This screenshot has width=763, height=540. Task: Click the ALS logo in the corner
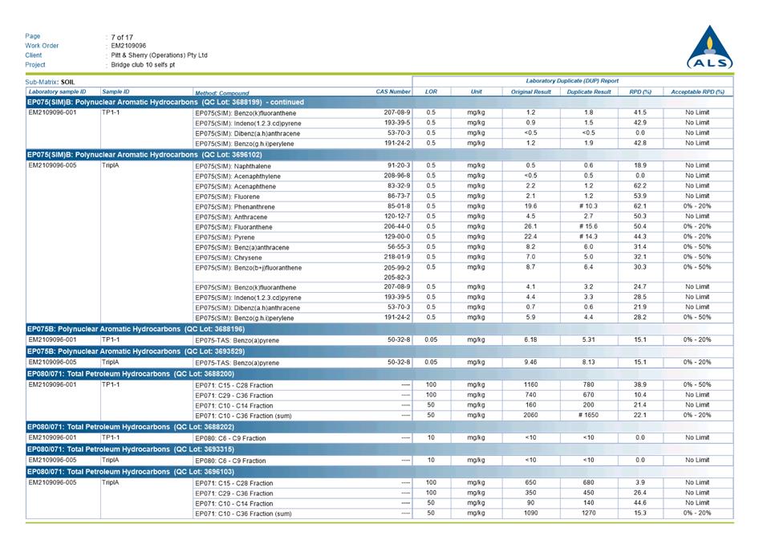point(709,47)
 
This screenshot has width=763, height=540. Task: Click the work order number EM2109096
point(128,46)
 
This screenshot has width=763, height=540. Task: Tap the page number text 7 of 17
point(123,36)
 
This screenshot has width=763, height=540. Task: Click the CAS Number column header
point(393,92)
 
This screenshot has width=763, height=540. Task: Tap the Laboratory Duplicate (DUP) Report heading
point(572,81)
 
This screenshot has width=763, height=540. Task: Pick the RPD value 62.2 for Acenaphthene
point(639,186)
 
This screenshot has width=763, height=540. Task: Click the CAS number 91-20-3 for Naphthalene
point(398,165)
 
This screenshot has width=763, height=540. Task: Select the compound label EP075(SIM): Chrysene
point(229,258)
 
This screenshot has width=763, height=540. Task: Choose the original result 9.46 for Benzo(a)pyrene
point(530,362)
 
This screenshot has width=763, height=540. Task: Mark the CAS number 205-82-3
point(398,277)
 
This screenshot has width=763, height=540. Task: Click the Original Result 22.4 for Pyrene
point(530,237)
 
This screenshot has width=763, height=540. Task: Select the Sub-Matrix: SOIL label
point(50,82)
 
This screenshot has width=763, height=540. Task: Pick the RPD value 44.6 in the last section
point(639,503)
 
